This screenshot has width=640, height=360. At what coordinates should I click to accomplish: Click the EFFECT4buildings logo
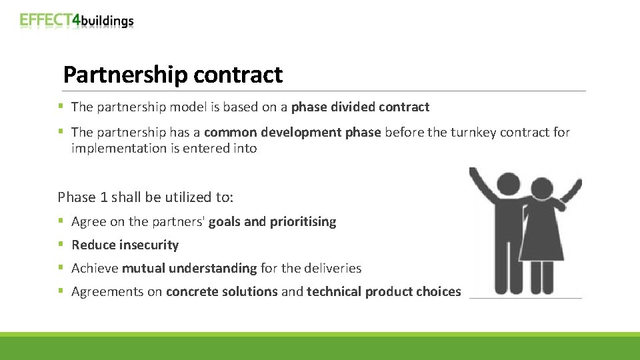(77, 20)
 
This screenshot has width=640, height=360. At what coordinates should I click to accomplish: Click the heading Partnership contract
(173, 75)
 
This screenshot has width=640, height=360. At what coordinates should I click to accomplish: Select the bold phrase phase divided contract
(360, 107)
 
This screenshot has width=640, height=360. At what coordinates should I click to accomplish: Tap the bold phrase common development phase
(293, 132)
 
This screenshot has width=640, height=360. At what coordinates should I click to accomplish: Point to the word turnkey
(471, 132)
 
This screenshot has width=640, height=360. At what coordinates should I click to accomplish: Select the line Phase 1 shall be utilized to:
(145, 197)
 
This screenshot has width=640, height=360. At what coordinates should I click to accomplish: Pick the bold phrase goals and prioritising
(272, 221)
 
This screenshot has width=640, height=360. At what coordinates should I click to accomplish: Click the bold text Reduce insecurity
(125, 245)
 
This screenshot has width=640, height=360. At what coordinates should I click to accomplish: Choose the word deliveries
(331, 268)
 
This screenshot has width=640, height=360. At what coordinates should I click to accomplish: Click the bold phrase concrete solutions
(221, 291)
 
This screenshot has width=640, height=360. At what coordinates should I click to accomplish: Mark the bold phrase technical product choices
(383, 291)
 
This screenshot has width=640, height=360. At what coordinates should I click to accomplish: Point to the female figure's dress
(542, 237)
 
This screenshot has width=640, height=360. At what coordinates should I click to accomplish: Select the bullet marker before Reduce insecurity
(61, 245)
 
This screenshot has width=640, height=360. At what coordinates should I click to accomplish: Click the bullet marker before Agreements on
(61, 291)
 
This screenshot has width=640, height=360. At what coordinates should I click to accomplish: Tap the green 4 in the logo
(76, 20)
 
